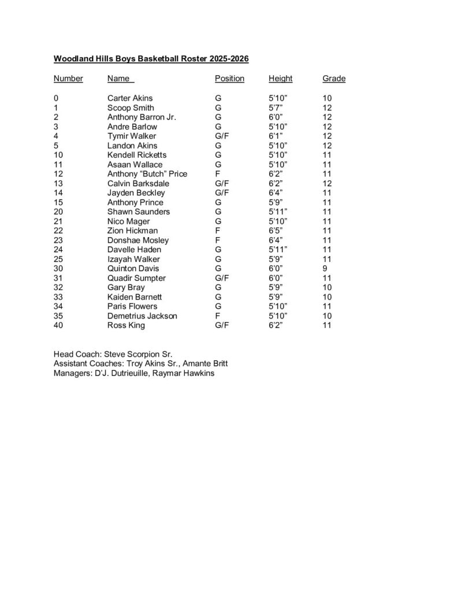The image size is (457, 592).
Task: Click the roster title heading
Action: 151,59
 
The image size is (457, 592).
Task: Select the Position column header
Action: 229,79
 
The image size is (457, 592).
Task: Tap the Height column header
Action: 280,79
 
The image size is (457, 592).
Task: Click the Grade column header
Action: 334,79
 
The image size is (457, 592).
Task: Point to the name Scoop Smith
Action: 131,108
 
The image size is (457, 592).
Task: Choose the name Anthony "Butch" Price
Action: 147,174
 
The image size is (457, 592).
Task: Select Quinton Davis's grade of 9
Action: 325,269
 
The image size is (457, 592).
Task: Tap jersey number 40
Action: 58,325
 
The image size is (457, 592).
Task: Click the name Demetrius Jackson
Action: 142,316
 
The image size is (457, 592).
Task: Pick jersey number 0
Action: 56,98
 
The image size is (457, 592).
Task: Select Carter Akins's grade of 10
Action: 327,98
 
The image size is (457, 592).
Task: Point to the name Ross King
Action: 126,325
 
